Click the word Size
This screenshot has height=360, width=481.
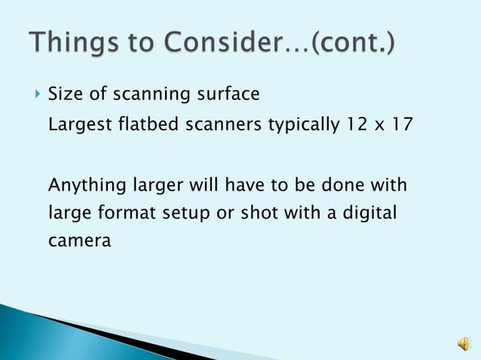[x=64, y=95]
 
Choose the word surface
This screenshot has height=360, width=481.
[x=229, y=95]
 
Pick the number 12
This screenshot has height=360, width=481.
[x=359, y=124]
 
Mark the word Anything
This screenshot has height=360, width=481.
[x=84, y=185]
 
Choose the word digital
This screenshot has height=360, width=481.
[x=369, y=214]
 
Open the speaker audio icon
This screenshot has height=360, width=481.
[x=461, y=344]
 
